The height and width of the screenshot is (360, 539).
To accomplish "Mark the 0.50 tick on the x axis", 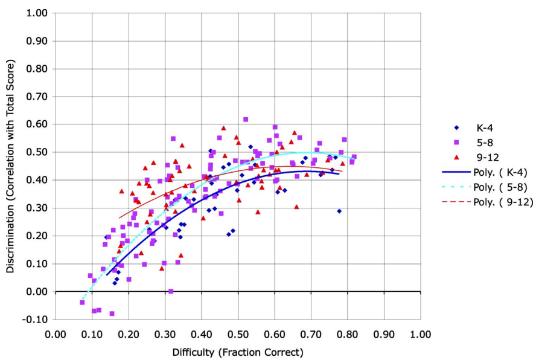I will [x=238, y=334].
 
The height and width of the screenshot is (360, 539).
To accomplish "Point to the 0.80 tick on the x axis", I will [x=348, y=334].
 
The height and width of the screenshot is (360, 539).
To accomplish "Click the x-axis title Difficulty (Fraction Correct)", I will [x=238, y=352].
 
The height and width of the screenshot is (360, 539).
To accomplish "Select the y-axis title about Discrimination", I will [x=11, y=166].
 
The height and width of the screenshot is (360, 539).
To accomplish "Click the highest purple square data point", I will [x=246, y=120].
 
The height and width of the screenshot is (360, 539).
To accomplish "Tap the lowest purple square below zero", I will [x=112, y=313].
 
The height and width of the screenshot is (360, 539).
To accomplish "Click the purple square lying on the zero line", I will [x=171, y=291].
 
